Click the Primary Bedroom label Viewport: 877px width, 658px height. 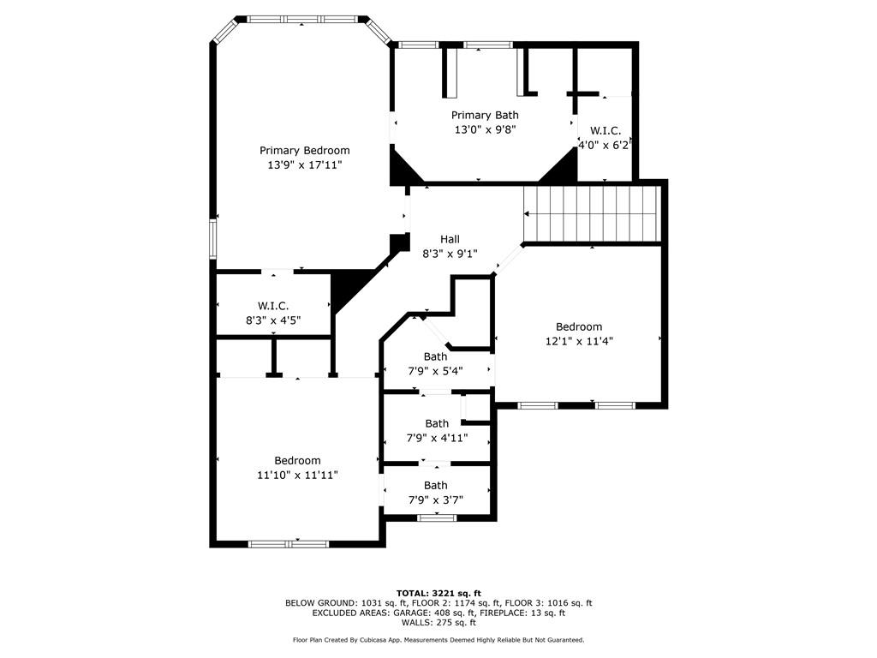(x=304, y=151)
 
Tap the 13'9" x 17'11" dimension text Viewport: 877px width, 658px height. (x=304, y=165)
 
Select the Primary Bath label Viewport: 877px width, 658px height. (x=485, y=116)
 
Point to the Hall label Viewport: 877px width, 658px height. (x=450, y=240)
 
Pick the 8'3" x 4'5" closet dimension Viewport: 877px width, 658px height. (x=273, y=320)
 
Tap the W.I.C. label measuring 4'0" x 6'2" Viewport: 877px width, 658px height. (x=606, y=131)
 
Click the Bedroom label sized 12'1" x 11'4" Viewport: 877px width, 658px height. (x=579, y=326)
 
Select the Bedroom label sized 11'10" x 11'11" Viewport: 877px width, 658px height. (x=297, y=460)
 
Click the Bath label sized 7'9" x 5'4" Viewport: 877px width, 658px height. (x=435, y=356)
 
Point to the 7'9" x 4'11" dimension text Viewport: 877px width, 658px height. (x=437, y=438)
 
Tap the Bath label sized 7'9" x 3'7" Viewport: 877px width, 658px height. (x=435, y=486)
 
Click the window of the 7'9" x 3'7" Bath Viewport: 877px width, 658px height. (x=437, y=518)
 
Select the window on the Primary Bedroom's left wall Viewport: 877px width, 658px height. (x=212, y=239)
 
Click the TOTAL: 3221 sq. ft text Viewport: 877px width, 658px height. (x=438, y=593)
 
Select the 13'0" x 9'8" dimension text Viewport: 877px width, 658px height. (x=485, y=130)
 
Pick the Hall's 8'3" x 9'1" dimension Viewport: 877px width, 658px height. (x=450, y=254)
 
